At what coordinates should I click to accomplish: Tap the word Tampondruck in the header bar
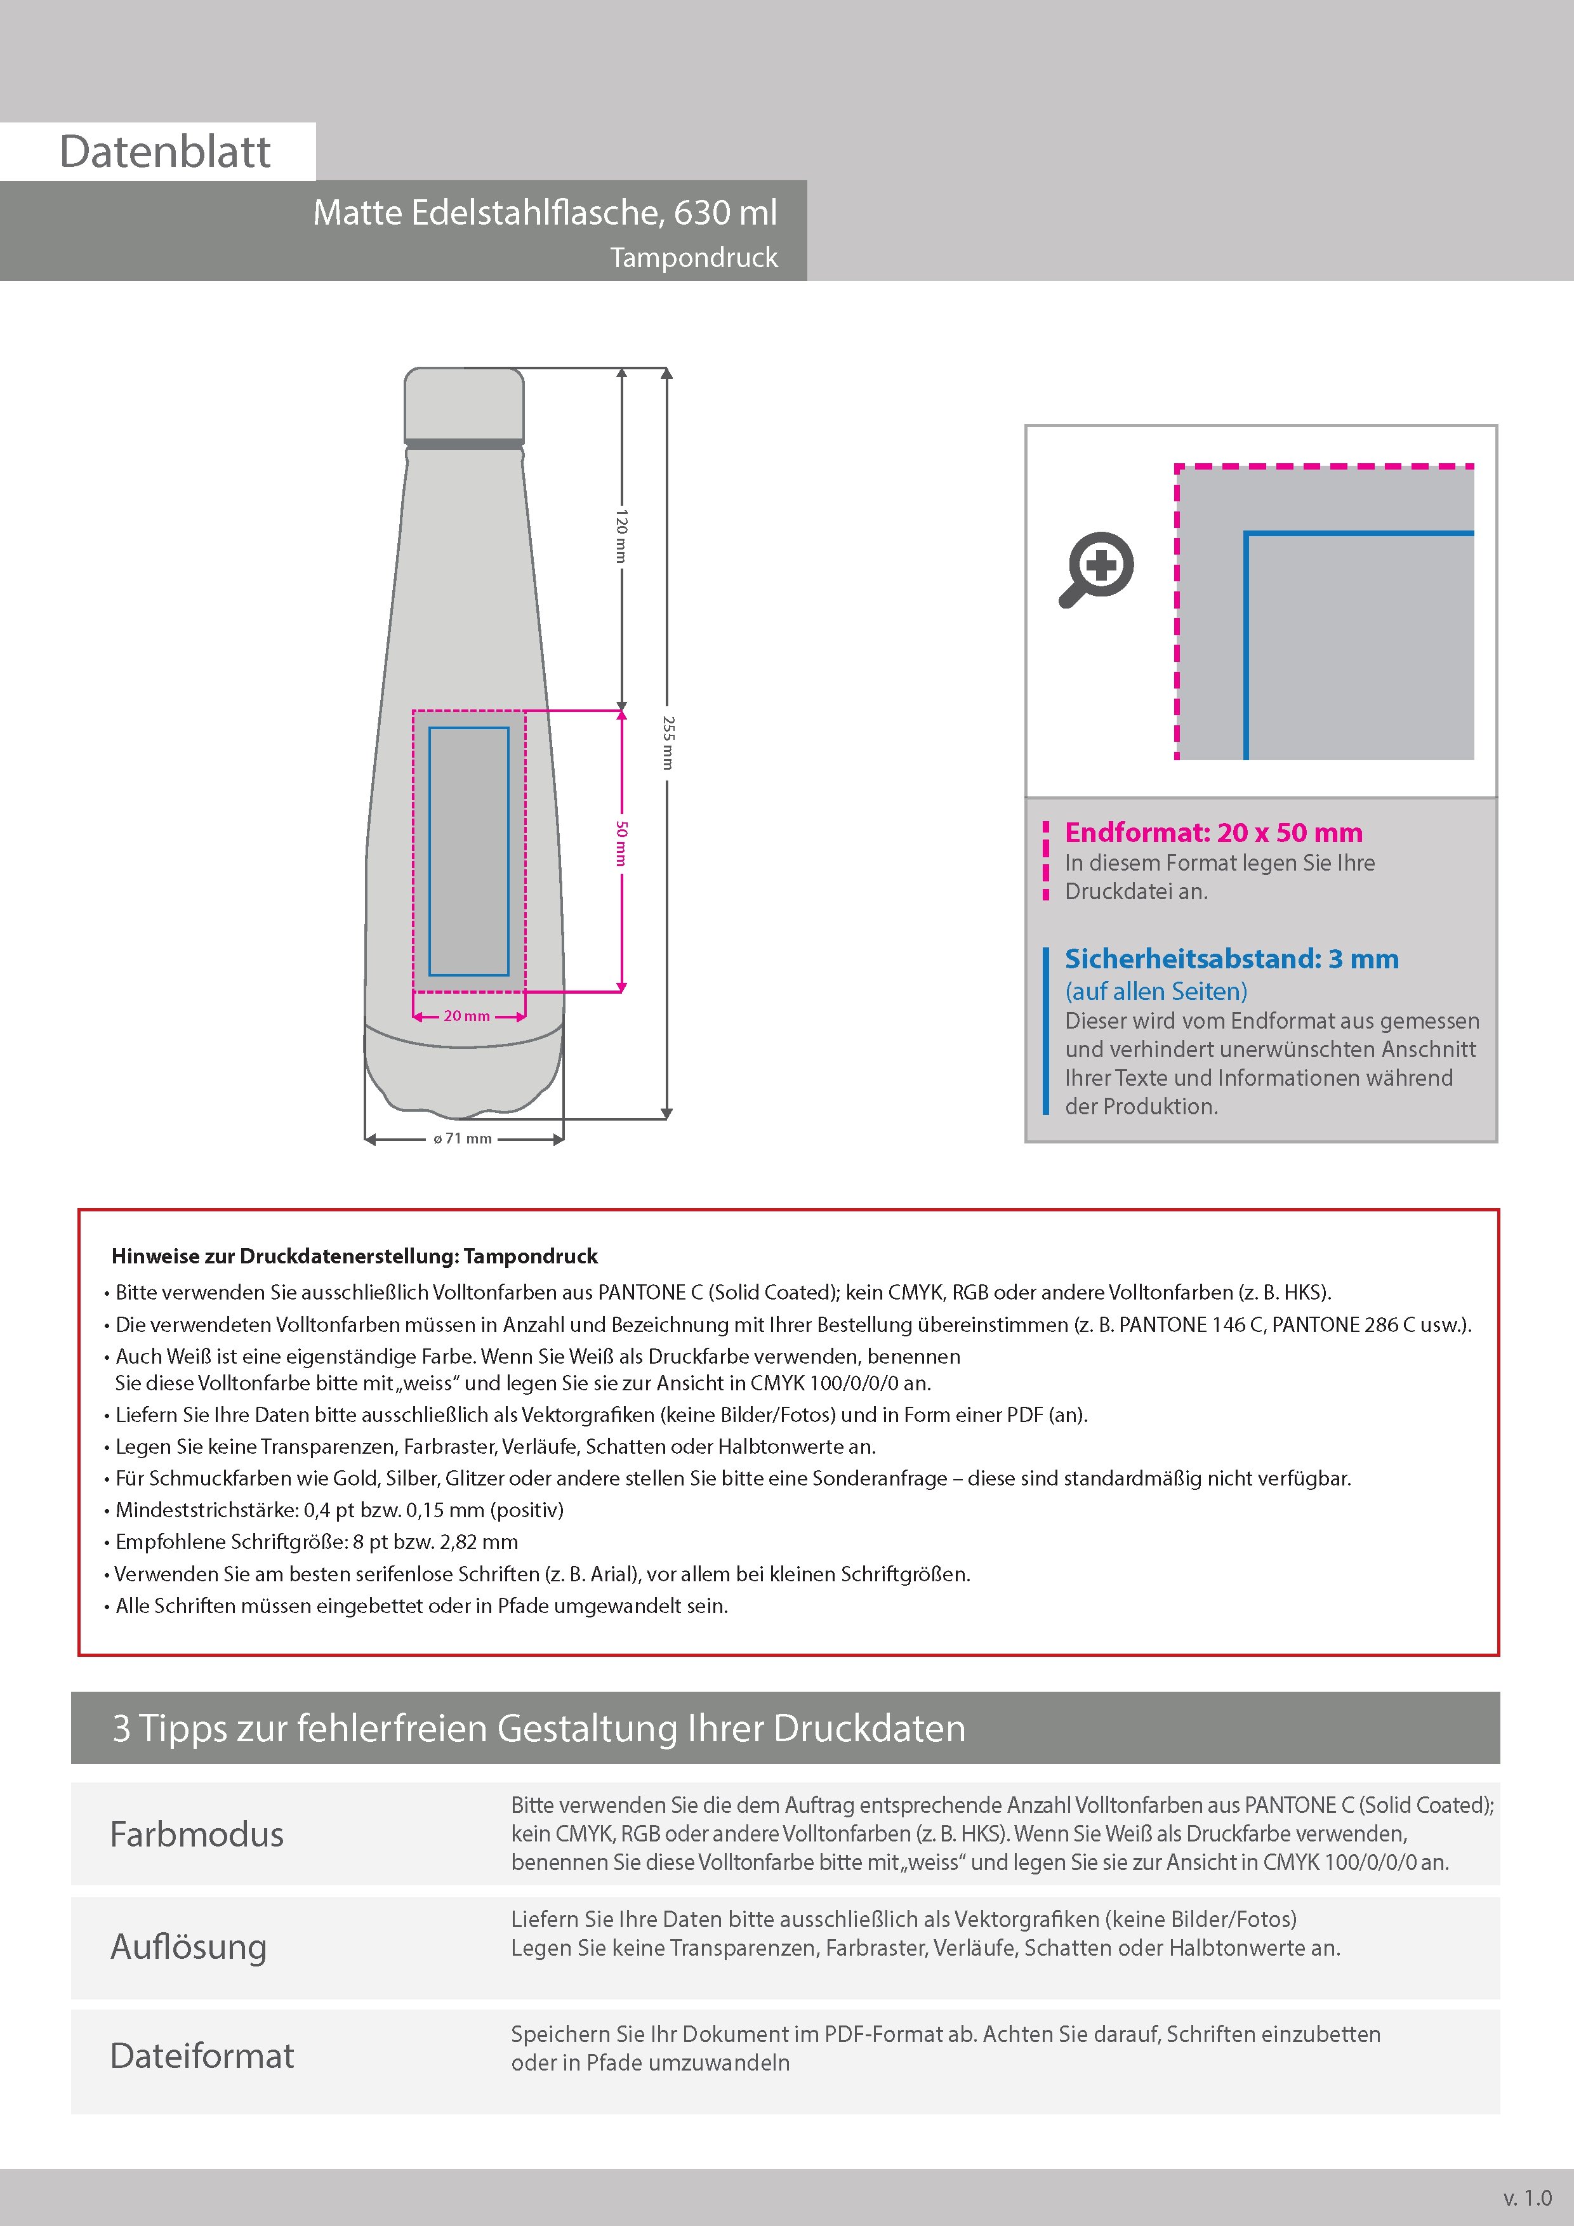(x=694, y=258)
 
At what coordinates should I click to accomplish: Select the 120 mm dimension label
(x=621, y=535)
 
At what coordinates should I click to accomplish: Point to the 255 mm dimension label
(x=667, y=742)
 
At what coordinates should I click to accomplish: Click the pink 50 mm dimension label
(x=621, y=843)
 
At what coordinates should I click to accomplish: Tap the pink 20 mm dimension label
(x=466, y=1016)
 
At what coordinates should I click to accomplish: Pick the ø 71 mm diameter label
(x=463, y=1139)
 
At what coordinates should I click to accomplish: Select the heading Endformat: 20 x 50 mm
(x=1214, y=833)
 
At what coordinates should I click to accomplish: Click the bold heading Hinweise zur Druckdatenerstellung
(x=354, y=1256)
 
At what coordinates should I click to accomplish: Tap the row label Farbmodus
(x=197, y=1834)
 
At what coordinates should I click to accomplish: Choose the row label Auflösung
(x=189, y=1947)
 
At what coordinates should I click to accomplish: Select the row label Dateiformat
(x=202, y=2057)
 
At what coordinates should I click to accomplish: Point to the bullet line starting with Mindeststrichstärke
(x=340, y=1510)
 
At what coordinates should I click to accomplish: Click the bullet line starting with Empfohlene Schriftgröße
(x=316, y=1541)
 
